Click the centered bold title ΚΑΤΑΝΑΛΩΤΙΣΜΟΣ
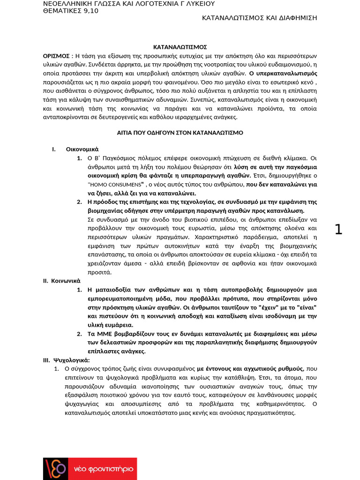coord(180,47)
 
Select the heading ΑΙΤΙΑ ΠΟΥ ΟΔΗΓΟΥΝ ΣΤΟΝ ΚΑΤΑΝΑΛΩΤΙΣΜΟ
coord(180,133)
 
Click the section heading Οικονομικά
coord(82,149)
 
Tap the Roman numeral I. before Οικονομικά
coord(54,149)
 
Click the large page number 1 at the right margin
coord(338,230)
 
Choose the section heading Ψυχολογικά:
coord(72,360)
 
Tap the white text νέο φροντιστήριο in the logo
coord(103,469)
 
